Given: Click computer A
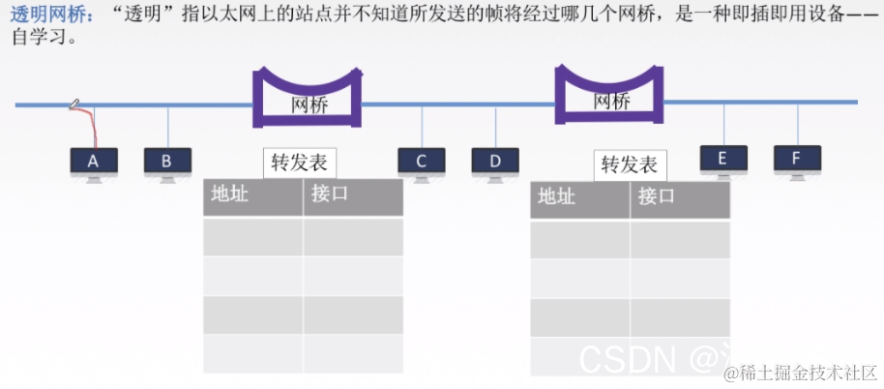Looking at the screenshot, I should click(94, 163).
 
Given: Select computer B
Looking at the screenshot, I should click(167, 163).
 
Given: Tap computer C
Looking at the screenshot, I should click(422, 163).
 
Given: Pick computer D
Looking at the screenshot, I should click(496, 163).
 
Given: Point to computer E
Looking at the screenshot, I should click(723, 160).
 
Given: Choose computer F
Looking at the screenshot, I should click(797, 160).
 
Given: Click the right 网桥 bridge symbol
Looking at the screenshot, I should click(610, 96).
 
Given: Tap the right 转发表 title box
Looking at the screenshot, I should click(629, 165).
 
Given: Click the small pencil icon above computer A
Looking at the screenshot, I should click(74, 104).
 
